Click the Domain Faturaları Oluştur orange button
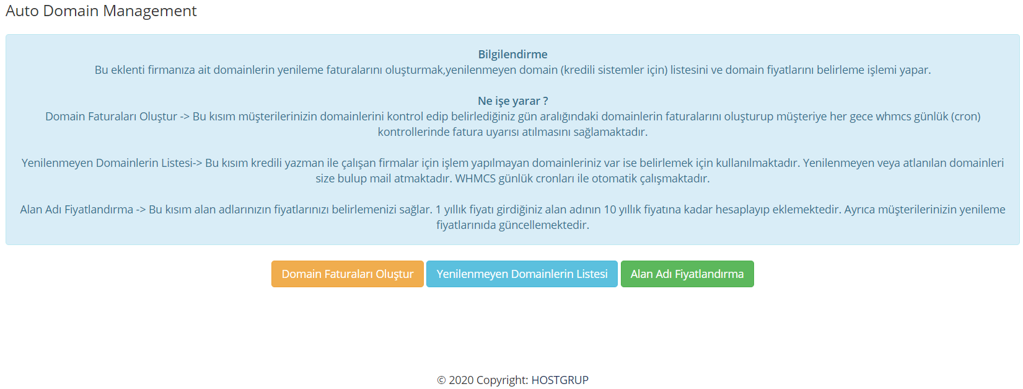coord(347,274)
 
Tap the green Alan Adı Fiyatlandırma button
coord(687,274)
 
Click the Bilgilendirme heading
coord(512,55)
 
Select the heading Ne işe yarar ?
coord(512,101)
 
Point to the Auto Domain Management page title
coord(101,11)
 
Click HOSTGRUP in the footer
coord(560,380)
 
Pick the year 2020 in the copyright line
coord(461,380)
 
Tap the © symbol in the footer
coord(441,380)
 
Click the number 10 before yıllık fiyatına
coord(610,209)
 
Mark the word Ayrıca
coord(860,210)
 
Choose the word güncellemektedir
coord(543,225)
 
